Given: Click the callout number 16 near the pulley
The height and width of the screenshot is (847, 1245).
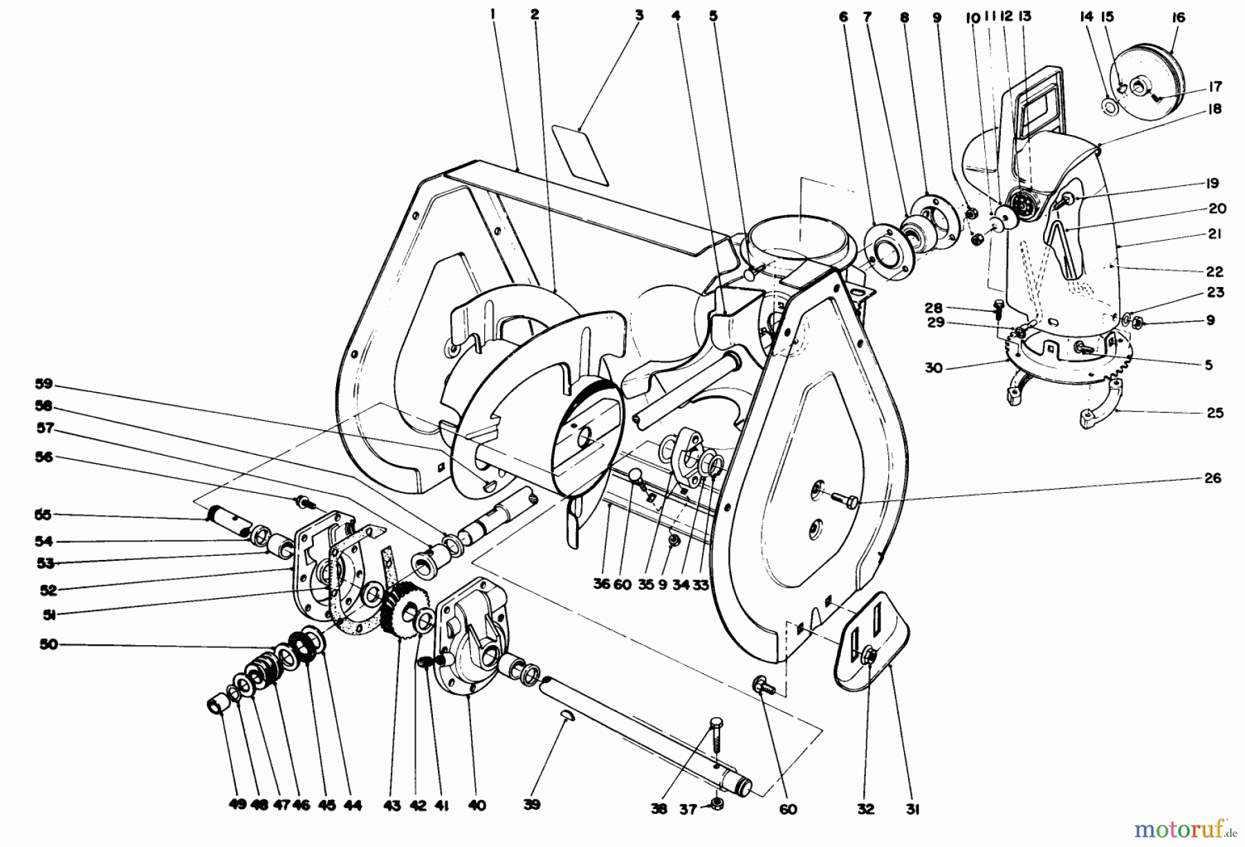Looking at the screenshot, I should (x=1179, y=18).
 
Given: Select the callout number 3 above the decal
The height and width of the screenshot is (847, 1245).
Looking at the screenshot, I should (x=638, y=15).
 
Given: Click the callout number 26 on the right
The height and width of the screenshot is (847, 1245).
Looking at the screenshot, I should (x=1212, y=478).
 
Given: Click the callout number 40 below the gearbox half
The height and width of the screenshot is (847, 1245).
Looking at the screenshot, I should (x=477, y=805).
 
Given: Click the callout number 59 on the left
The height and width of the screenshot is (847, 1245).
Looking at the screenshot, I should (x=44, y=384).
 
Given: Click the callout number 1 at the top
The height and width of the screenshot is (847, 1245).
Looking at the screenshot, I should (x=493, y=13).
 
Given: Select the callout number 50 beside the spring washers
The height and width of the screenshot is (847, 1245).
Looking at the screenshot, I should (x=49, y=644).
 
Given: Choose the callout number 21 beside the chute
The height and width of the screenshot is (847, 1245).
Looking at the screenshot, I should (x=1215, y=234).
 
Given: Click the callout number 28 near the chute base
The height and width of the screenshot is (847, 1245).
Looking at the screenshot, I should (x=934, y=307).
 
